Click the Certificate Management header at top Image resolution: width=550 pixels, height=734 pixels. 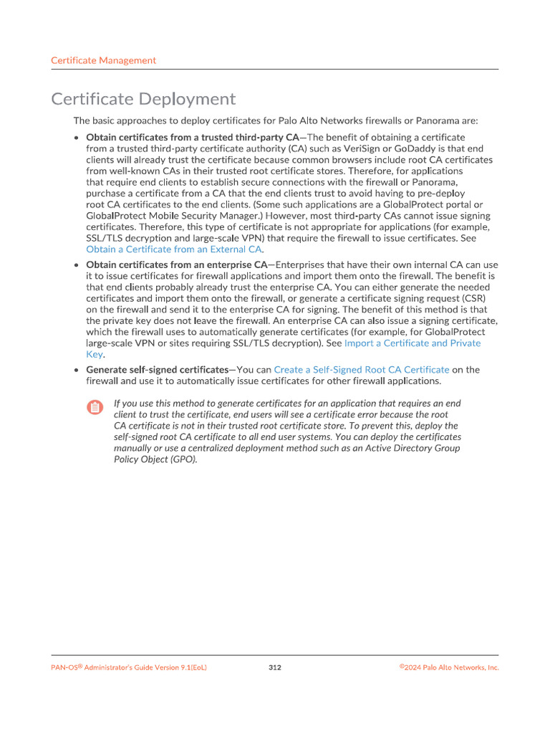pos(103,61)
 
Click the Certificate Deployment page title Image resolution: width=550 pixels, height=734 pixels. pos(143,99)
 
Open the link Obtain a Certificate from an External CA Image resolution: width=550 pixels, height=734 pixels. pos(173,249)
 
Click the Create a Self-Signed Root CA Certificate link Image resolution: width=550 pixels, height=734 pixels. pos(362,370)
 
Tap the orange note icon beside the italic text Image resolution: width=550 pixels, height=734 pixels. pos(95,408)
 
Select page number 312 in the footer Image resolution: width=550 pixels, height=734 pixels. pos(275,667)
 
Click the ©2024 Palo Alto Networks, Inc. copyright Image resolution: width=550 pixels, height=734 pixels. pos(449,667)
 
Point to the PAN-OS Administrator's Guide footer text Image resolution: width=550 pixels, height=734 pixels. pos(129,667)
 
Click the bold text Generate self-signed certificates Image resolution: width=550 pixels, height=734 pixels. pos(157,370)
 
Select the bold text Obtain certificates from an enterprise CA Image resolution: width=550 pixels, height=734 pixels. pos(176,265)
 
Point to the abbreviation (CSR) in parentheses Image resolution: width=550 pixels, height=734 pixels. pos(460,299)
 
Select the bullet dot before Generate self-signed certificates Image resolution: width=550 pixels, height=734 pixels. pos(77,370)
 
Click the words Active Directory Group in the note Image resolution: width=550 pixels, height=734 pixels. pos(417,448)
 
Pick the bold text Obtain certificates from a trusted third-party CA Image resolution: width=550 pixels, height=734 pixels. pos(192,137)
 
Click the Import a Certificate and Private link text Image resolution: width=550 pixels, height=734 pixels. pos(412,343)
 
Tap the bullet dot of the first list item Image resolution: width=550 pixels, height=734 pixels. pos(77,137)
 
